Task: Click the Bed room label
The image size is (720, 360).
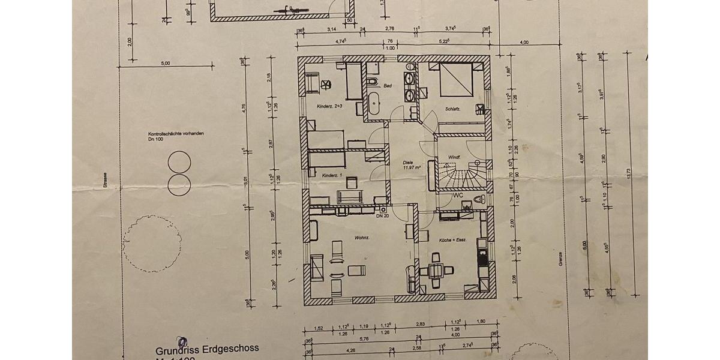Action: (388, 86)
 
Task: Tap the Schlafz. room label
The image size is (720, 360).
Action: (452, 109)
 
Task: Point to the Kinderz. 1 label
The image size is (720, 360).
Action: (331, 175)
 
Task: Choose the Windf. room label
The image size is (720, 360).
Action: (454, 158)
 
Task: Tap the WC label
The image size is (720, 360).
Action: (458, 196)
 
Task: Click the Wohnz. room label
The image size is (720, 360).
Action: (344, 238)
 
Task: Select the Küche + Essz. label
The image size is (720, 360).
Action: (452, 240)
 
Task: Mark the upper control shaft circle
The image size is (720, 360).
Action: (179, 162)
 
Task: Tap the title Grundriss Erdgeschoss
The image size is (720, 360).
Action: (207, 349)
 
